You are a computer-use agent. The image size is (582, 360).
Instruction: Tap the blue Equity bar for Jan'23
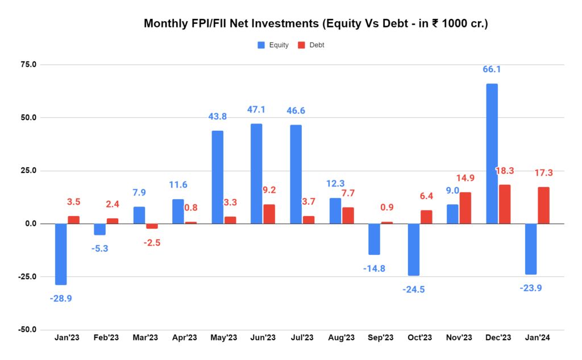(x=61, y=254)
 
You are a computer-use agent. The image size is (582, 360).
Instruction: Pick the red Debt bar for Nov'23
(x=465, y=208)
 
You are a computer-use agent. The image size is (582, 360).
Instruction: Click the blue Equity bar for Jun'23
(x=257, y=173)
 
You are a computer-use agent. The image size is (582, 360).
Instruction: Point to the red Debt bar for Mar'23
(x=152, y=226)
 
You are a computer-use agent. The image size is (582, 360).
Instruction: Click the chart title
(x=315, y=24)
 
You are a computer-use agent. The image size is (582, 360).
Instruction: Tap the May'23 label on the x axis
(x=223, y=338)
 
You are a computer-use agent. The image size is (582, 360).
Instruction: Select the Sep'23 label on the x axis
(x=380, y=338)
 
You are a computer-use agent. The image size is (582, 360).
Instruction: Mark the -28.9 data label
(x=61, y=298)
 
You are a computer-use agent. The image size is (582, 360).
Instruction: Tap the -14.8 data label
(x=375, y=268)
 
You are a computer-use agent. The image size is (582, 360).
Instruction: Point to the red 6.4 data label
(x=426, y=196)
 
